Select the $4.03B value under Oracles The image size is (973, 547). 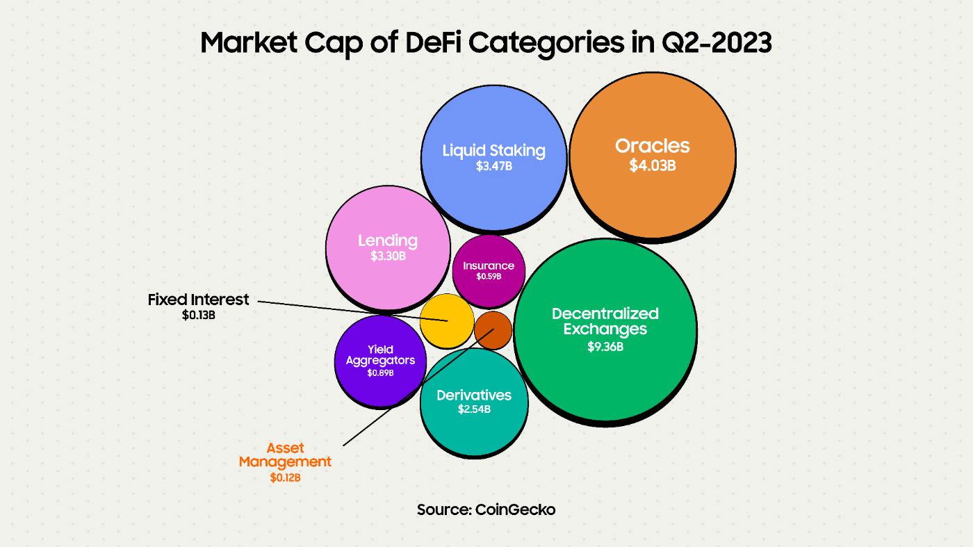652,166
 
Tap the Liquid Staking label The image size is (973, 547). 493,150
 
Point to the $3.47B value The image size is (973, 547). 493,167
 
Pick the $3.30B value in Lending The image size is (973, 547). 388,256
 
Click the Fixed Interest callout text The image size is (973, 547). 198,300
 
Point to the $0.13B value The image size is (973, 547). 198,315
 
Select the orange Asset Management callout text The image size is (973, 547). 285,455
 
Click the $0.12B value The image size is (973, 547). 285,477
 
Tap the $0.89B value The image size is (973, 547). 380,373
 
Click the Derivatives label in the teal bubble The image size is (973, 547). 474,395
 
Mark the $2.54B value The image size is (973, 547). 474,409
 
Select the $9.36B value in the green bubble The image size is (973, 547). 605,345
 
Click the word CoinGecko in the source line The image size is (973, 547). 515,509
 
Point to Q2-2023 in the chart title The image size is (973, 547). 712,42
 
